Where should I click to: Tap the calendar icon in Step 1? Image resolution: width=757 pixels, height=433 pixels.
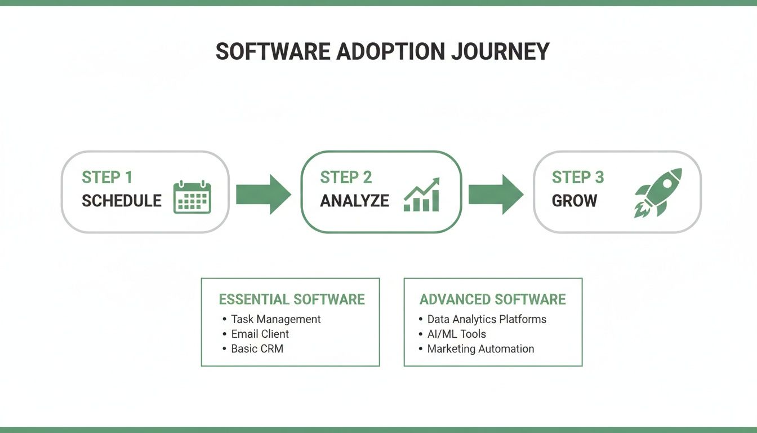192,197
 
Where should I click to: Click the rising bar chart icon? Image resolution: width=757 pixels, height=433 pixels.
422,195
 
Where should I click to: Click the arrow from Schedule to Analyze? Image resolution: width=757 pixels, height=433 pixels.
263,195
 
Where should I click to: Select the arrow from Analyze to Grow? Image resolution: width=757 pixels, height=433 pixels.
496,195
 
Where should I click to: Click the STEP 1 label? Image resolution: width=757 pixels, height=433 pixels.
107,178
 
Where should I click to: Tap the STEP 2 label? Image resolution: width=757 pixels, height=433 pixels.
346,178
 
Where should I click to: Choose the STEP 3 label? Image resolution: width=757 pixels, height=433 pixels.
578,178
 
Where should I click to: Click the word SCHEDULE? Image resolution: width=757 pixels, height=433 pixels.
122,201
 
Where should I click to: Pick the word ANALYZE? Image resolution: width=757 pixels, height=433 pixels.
354,201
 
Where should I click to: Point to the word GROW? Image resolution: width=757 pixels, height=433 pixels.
575,201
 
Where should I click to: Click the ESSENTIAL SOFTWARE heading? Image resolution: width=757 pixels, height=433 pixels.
292,299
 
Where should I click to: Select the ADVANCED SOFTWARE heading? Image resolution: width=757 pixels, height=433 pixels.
493,299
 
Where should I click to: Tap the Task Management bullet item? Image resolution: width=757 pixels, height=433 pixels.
275,319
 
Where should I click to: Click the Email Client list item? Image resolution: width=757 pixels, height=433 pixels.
260,334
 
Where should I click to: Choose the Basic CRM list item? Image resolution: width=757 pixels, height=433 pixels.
257,348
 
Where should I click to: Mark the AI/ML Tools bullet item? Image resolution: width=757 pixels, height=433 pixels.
456,334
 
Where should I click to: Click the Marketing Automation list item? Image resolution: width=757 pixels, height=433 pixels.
480,348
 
